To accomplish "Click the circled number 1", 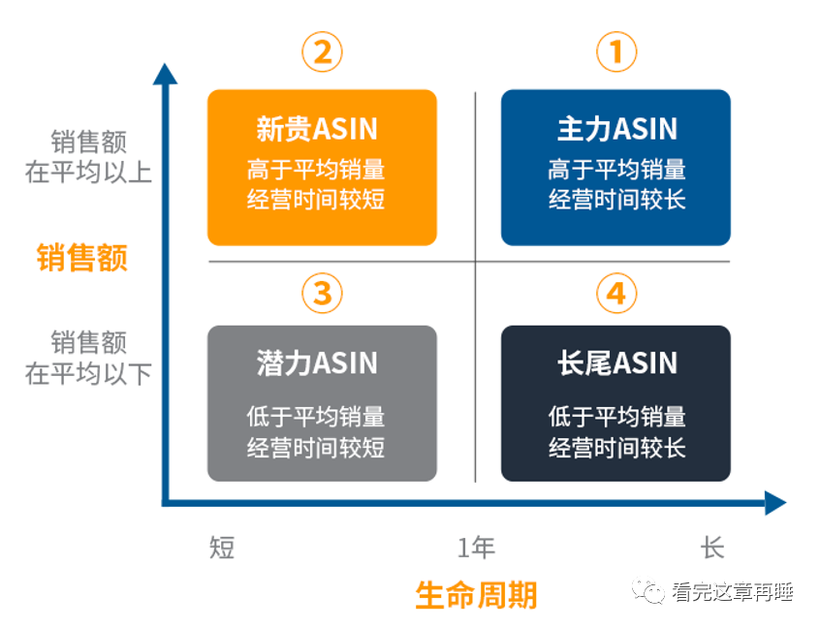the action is coord(616,51).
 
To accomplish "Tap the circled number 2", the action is coord(322,51).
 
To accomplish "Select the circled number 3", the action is coord(322,293).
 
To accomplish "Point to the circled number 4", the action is coord(616,293).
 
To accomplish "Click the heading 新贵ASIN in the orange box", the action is coord(317,129).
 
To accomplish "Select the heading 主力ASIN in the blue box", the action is coord(617,129).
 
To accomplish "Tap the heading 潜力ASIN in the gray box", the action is coord(317,362).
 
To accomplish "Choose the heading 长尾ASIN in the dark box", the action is coord(617,362).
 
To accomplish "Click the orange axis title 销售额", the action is coord(82,257).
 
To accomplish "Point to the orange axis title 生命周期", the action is coord(477,595).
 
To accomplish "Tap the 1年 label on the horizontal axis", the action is coord(476,548).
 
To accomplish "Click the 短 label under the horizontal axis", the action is coord(222,548).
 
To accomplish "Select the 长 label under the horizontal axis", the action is coord(712,548).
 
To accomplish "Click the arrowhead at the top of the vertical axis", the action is coord(165,74).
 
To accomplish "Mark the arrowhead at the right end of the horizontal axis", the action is coord(775,503).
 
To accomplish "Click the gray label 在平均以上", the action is coord(88,173).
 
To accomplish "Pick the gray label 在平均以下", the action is coord(88,373).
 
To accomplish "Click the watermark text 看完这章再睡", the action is coord(733,592).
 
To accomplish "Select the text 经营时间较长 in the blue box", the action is coord(617,200).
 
